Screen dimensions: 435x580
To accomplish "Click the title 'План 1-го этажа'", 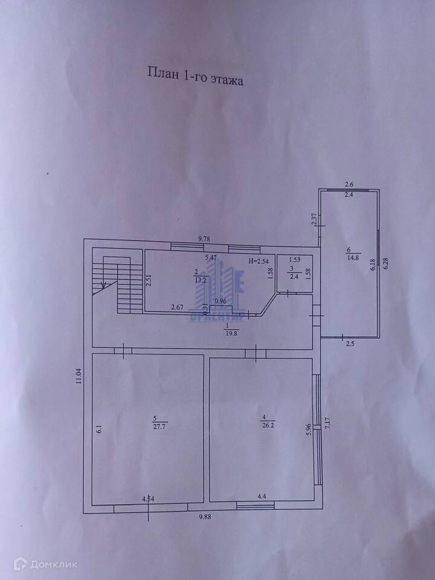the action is point(195,77).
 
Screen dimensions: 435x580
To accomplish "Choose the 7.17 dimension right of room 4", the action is point(327,422).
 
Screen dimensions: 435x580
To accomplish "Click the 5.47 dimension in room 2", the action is point(211,258).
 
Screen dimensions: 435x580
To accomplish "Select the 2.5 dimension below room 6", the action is point(350,344).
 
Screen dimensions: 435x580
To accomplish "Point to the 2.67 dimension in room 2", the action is point(178,306).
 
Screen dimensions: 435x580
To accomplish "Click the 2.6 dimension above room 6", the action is point(349,184).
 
